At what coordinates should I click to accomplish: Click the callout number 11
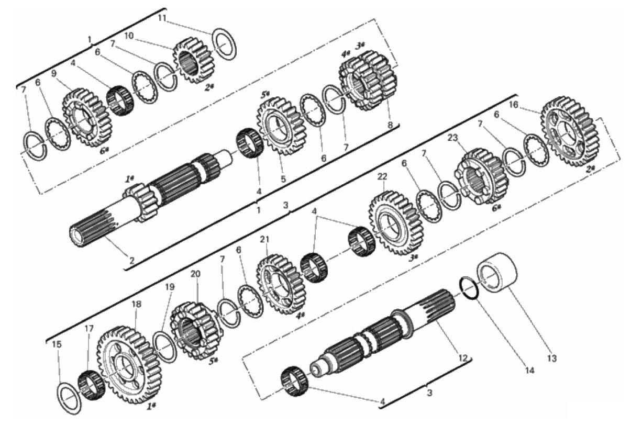162,18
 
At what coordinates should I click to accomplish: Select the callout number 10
129,36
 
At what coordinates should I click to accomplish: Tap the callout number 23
452,138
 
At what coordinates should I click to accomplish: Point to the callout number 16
514,105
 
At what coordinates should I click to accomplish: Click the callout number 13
552,358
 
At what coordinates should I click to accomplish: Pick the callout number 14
529,371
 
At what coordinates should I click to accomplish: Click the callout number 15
57,344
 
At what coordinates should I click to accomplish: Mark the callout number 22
382,176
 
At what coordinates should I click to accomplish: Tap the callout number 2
132,261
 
